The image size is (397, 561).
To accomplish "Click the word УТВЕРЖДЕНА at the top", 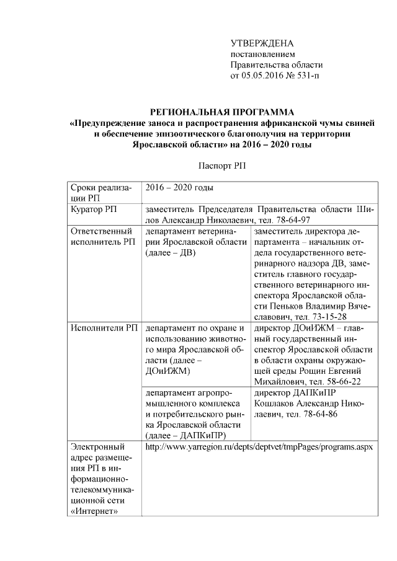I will pyautogui.click(x=261, y=43).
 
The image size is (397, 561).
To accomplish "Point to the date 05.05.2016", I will pyautogui.click(x=258, y=76).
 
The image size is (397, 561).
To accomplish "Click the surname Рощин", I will pyautogui.click(x=319, y=371).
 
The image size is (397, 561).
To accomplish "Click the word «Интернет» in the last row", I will pyautogui.click(x=95, y=511).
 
